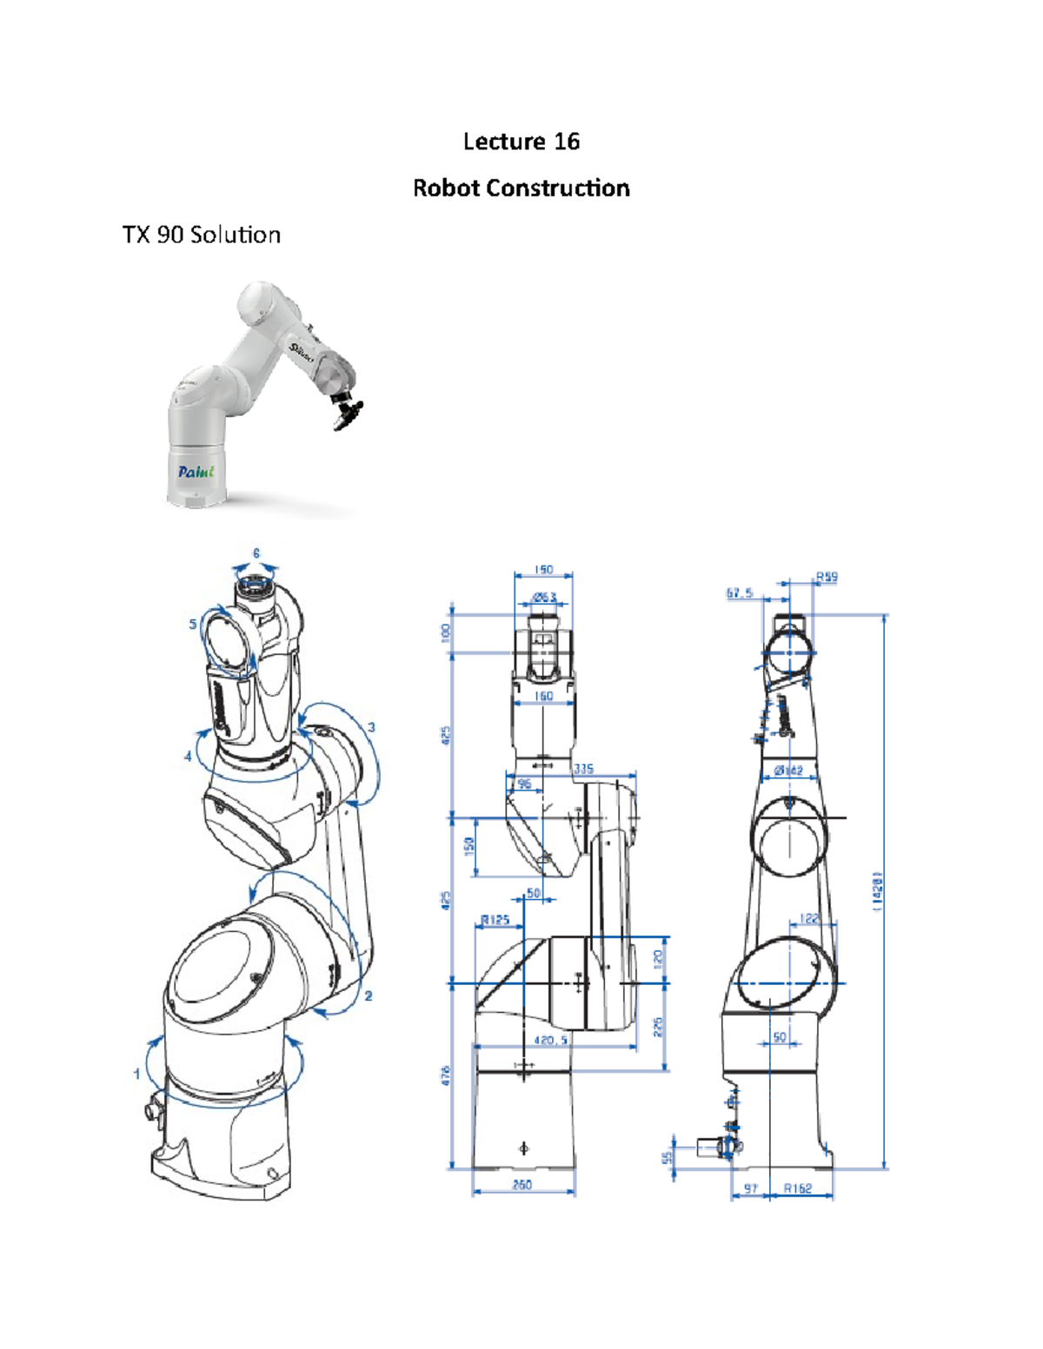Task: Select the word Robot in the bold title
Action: coord(446,188)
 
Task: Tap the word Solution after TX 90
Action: coord(235,235)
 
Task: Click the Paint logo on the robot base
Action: coord(196,472)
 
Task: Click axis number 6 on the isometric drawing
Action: coord(256,553)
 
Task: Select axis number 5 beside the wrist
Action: coord(193,624)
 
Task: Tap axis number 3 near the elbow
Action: coord(371,727)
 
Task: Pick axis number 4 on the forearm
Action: coord(188,757)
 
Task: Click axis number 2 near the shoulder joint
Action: coord(369,995)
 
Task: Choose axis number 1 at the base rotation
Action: coord(136,1075)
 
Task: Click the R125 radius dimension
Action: coord(495,920)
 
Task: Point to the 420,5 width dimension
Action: coord(551,1040)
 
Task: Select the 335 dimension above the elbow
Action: coord(583,769)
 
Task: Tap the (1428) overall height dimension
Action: coord(878,890)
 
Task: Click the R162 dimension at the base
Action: coord(797,1188)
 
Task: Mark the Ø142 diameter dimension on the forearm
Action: coord(788,770)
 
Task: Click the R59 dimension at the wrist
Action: coord(827,577)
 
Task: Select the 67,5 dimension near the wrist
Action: coord(740,593)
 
